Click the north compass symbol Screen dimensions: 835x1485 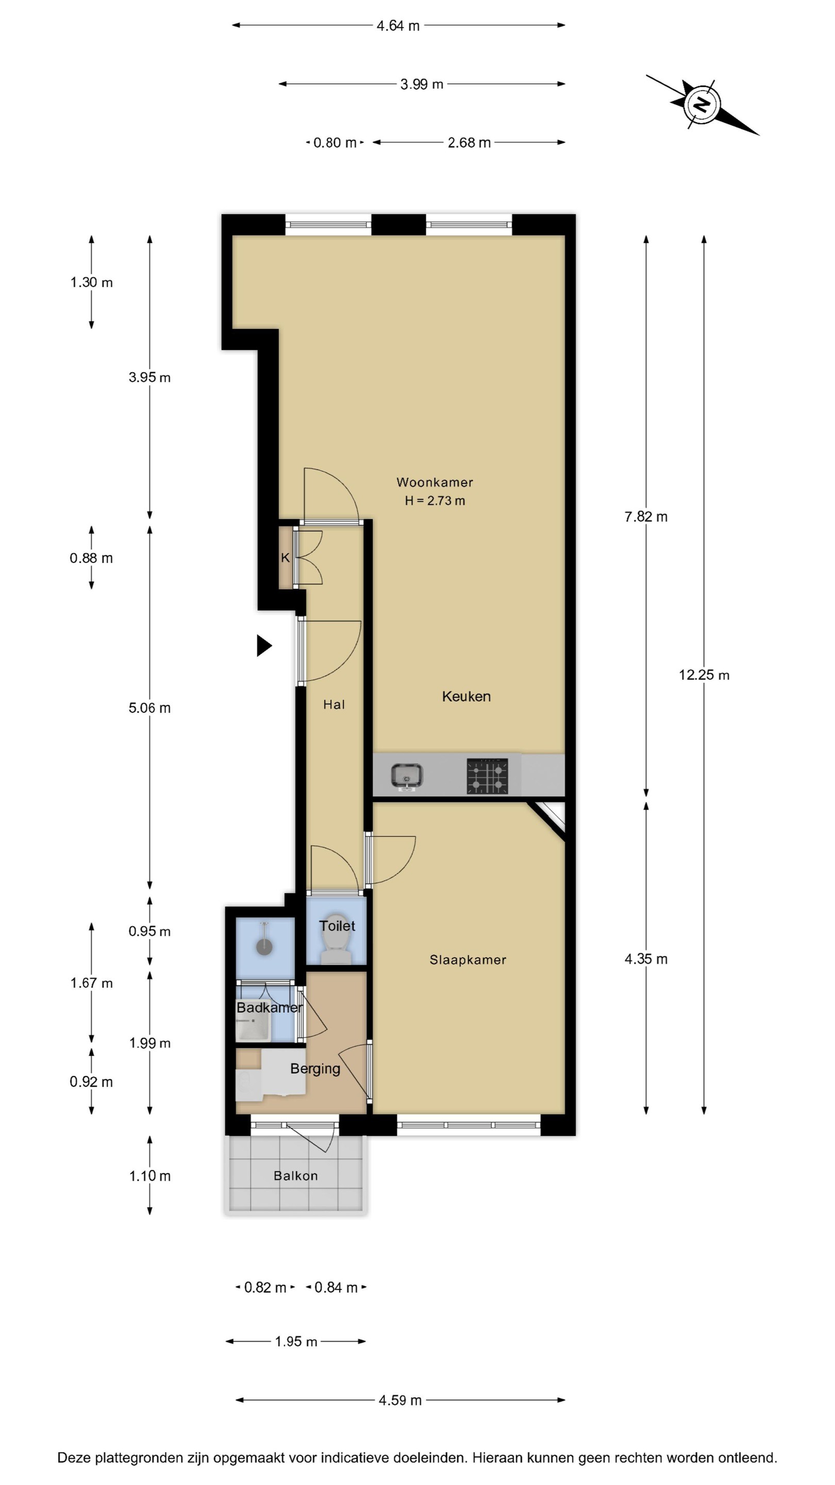702,104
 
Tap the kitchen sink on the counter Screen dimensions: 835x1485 407,775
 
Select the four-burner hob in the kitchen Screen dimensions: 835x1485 488,776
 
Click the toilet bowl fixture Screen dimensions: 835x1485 336,938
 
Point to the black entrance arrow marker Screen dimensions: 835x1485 263,646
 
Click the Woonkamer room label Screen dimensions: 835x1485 435,482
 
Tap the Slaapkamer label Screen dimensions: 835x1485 468,960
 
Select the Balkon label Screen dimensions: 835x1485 296,1176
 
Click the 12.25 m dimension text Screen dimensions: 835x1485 704,675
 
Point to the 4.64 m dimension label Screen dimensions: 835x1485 398,26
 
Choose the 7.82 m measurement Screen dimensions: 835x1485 646,517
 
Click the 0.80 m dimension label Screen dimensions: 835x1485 335,142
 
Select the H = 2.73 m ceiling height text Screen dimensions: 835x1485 435,500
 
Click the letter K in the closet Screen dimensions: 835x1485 285,557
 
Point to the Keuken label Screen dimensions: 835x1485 466,697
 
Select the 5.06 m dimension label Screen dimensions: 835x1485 150,708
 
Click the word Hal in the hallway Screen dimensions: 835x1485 334,704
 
